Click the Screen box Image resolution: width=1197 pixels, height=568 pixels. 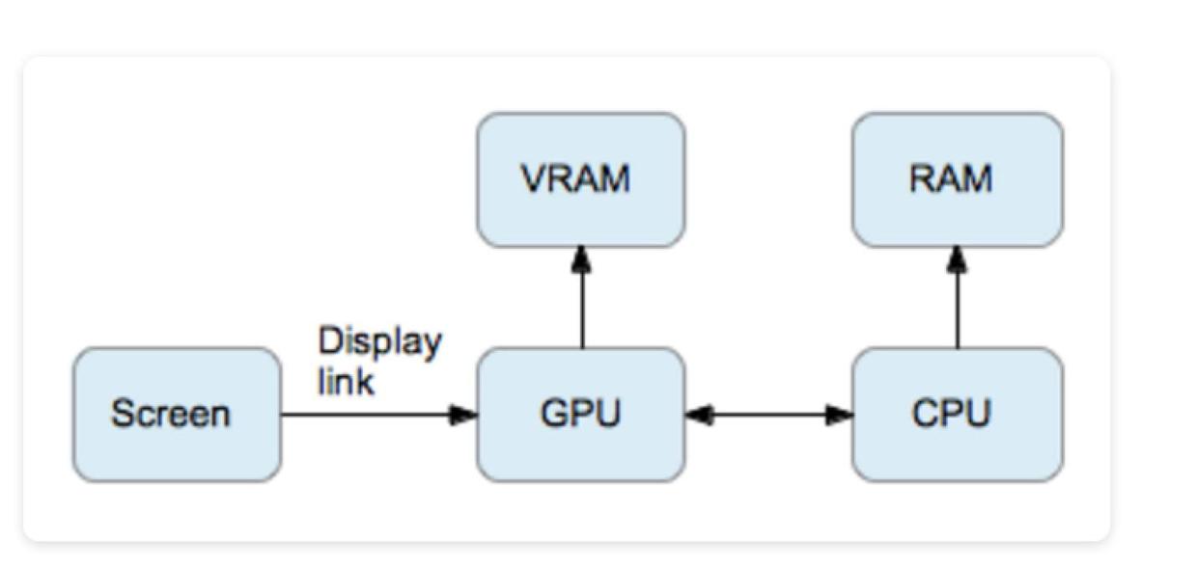click(x=177, y=415)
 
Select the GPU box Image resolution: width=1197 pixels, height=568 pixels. click(x=581, y=415)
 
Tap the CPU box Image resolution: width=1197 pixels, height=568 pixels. click(x=957, y=415)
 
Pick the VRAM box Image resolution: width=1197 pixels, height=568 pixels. click(x=581, y=179)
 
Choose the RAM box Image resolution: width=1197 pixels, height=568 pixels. click(x=957, y=179)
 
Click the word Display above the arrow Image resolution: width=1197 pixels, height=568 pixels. click(x=379, y=342)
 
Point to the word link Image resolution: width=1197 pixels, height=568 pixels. click(x=346, y=381)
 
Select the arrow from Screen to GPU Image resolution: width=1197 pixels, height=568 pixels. click(x=376, y=416)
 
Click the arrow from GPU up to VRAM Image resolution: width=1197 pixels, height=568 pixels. click(x=581, y=299)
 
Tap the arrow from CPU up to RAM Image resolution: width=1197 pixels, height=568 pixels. click(x=957, y=299)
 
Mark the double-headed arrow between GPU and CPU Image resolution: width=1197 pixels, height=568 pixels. click(x=768, y=416)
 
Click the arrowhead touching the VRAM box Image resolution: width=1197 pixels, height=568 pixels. click(x=581, y=257)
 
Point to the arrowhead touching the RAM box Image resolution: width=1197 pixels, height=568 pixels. click(x=957, y=257)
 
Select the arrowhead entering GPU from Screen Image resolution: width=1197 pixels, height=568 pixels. click(x=464, y=416)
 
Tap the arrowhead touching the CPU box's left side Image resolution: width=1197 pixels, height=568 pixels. click(x=840, y=416)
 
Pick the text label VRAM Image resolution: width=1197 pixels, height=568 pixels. click(x=575, y=179)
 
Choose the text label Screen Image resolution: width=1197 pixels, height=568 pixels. click(x=171, y=415)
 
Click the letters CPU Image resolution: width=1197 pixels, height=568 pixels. click(x=951, y=414)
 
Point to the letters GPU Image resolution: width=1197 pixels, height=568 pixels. click(x=580, y=414)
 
